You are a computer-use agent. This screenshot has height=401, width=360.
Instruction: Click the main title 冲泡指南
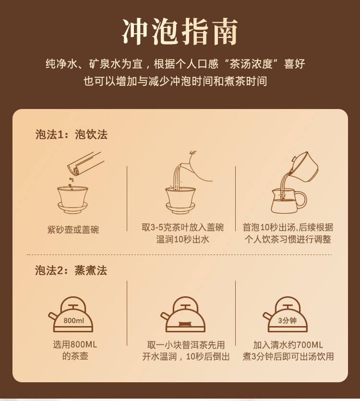point(180,32)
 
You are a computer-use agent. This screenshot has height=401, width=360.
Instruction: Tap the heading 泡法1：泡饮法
point(72,134)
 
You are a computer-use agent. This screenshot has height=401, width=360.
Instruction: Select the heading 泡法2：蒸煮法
point(71,270)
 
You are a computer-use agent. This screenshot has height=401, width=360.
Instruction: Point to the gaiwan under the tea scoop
point(72,200)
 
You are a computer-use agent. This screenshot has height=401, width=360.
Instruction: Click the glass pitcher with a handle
point(288,201)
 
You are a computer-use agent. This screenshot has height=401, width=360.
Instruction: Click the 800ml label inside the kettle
point(73,320)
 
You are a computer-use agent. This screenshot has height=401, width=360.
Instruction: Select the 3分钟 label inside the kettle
point(288,320)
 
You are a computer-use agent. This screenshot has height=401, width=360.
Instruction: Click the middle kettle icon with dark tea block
point(182,315)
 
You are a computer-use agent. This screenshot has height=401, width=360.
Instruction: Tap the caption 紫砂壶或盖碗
point(73,230)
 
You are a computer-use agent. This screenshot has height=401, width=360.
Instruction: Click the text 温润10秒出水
point(182,239)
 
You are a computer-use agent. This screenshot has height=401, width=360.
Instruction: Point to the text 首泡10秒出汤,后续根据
point(288,227)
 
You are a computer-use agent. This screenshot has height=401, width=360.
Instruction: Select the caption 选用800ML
point(75,344)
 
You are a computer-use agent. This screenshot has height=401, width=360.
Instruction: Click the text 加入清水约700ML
point(288,345)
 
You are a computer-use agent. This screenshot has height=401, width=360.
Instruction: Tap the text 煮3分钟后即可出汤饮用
point(288,356)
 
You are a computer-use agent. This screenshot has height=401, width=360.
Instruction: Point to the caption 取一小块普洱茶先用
point(186,345)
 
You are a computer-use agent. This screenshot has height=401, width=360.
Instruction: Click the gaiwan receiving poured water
point(180,200)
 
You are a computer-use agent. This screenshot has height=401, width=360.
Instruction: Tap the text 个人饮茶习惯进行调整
point(288,239)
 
